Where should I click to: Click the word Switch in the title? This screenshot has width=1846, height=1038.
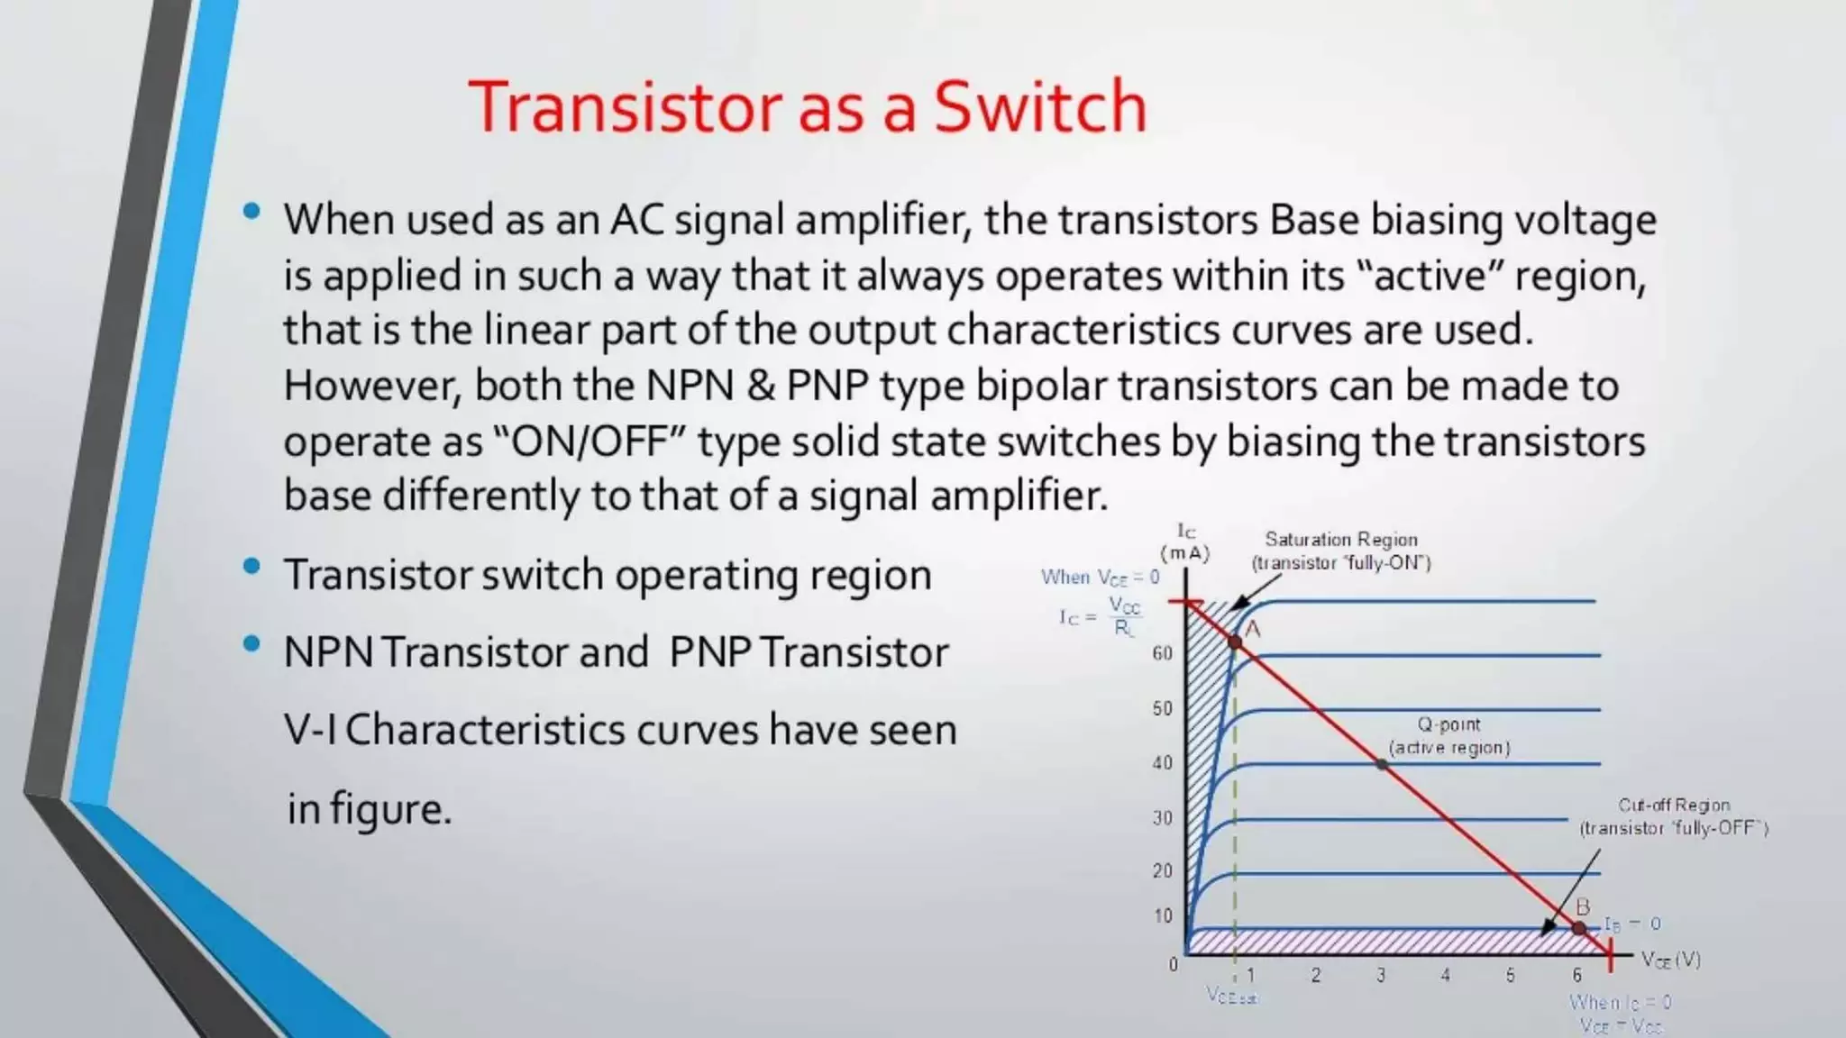tap(1039, 107)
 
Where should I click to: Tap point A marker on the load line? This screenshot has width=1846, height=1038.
tap(1235, 642)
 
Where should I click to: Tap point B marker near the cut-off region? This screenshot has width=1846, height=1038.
tap(1579, 927)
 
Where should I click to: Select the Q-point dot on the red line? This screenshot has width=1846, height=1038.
tap(1382, 764)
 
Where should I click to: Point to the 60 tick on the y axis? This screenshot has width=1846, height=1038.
tap(1163, 653)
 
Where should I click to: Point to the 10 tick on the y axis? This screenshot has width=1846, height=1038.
tap(1163, 915)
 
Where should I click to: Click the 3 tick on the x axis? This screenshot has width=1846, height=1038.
tap(1380, 975)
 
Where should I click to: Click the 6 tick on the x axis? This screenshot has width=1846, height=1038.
tap(1576, 975)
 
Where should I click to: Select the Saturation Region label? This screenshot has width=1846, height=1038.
tap(1340, 540)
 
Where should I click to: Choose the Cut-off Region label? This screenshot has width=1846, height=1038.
tap(1673, 806)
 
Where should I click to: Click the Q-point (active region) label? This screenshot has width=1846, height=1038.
tap(1448, 735)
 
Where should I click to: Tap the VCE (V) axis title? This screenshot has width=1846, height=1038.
tap(1670, 960)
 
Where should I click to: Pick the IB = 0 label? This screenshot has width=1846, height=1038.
tap(1632, 924)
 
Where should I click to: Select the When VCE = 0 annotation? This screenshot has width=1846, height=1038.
tap(1100, 577)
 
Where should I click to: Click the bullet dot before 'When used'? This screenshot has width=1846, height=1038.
tap(251, 213)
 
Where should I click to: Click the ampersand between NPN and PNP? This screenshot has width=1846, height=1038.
tap(760, 386)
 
